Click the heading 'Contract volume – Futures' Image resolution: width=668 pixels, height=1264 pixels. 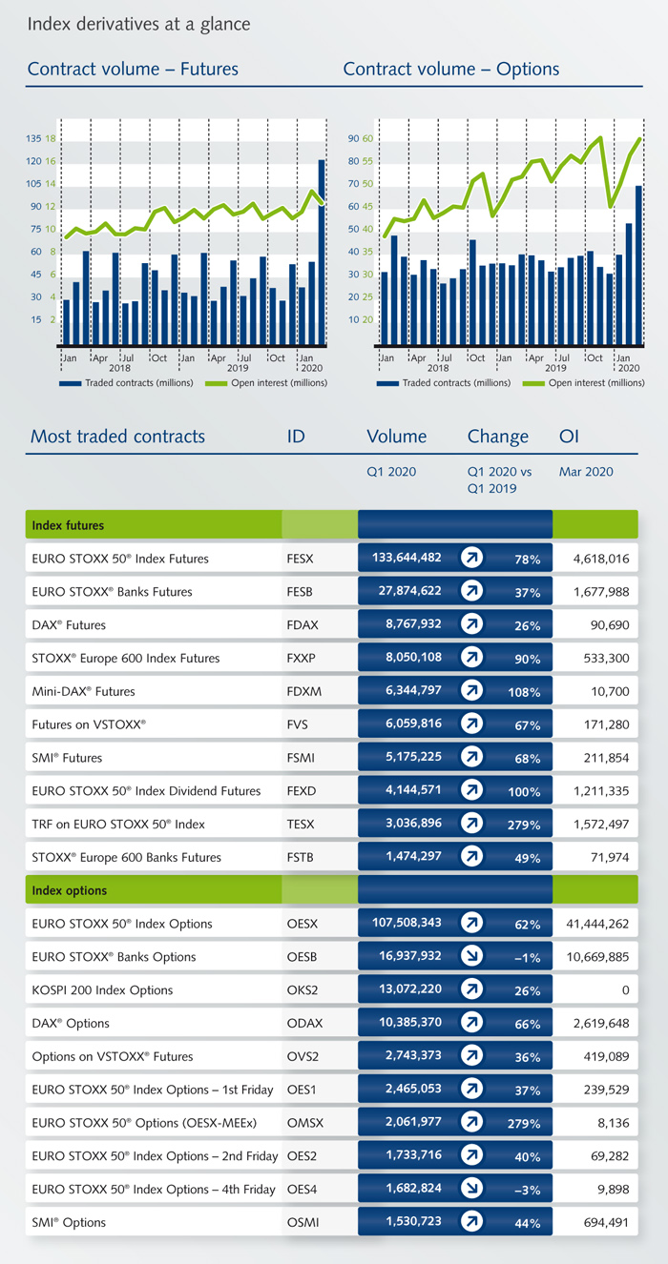click(x=133, y=69)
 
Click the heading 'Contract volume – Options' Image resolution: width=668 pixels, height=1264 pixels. click(x=451, y=69)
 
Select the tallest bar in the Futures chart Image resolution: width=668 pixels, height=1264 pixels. click(x=322, y=253)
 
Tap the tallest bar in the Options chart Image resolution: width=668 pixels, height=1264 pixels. click(x=638, y=266)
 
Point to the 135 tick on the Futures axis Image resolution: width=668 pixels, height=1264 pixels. click(x=34, y=138)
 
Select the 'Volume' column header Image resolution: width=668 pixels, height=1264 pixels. click(x=396, y=437)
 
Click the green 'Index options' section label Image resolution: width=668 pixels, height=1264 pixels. click(x=69, y=890)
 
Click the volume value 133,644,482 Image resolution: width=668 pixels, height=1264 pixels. click(x=406, y=559)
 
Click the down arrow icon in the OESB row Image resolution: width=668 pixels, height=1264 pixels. click(x=471, y=957)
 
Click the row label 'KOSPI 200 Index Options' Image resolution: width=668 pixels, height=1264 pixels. click(x=102, y=990)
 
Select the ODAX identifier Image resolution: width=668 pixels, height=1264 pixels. click(x=304, y=1024)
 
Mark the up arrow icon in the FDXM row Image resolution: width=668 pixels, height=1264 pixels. click(x=471, y=692)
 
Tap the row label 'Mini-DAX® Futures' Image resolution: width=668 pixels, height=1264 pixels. click(x=83, y=692)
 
